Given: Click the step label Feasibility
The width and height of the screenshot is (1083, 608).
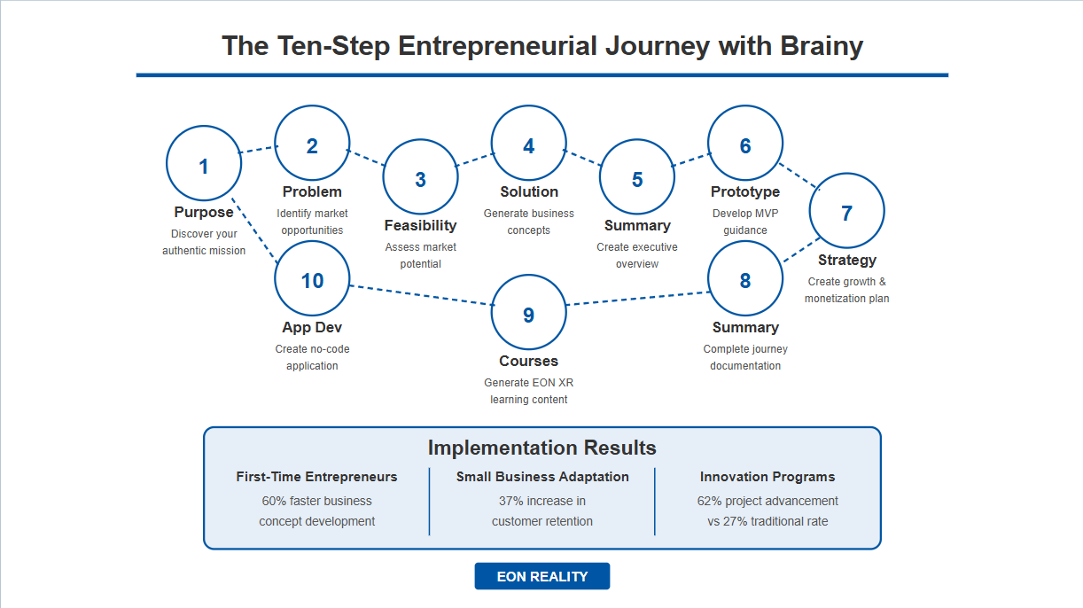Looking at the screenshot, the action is click(420, 225).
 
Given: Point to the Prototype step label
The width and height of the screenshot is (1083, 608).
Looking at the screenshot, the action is click(745, 191).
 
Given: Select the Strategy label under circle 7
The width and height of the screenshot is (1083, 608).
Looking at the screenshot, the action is click(847, 260).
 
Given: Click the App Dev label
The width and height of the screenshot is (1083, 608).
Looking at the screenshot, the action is click(312, 327).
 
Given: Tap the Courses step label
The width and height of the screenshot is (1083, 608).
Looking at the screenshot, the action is click(528, 361).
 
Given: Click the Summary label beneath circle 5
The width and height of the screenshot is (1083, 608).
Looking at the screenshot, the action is click(637, 225).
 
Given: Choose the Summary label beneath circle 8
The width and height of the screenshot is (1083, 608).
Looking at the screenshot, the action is click(745, 327).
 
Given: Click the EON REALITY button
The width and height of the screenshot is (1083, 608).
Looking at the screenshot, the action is click(542, 576).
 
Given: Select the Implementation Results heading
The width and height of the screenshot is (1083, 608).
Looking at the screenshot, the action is click(542, 448).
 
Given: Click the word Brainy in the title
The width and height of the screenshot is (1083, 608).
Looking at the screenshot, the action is click(822, 46).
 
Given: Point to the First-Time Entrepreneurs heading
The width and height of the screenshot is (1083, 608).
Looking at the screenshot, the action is click(316, 477).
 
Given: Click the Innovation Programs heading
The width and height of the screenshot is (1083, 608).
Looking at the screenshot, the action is click(767, 477).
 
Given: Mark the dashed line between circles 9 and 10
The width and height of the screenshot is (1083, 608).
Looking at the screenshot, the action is click(421, 295).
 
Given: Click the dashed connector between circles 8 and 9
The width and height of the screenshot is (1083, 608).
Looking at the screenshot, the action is click(637, 299).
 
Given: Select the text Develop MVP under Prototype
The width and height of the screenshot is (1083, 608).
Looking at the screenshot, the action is click(745, 214).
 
